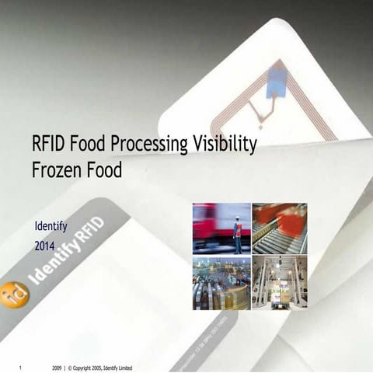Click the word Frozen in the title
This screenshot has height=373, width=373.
coord(56,169)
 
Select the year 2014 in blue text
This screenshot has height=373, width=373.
coord(47,246)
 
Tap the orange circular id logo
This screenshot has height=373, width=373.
coord(14,294)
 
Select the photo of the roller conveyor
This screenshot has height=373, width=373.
coord(280,228)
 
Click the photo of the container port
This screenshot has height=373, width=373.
coord(221,284)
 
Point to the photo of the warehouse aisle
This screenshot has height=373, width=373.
coord(280,284)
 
